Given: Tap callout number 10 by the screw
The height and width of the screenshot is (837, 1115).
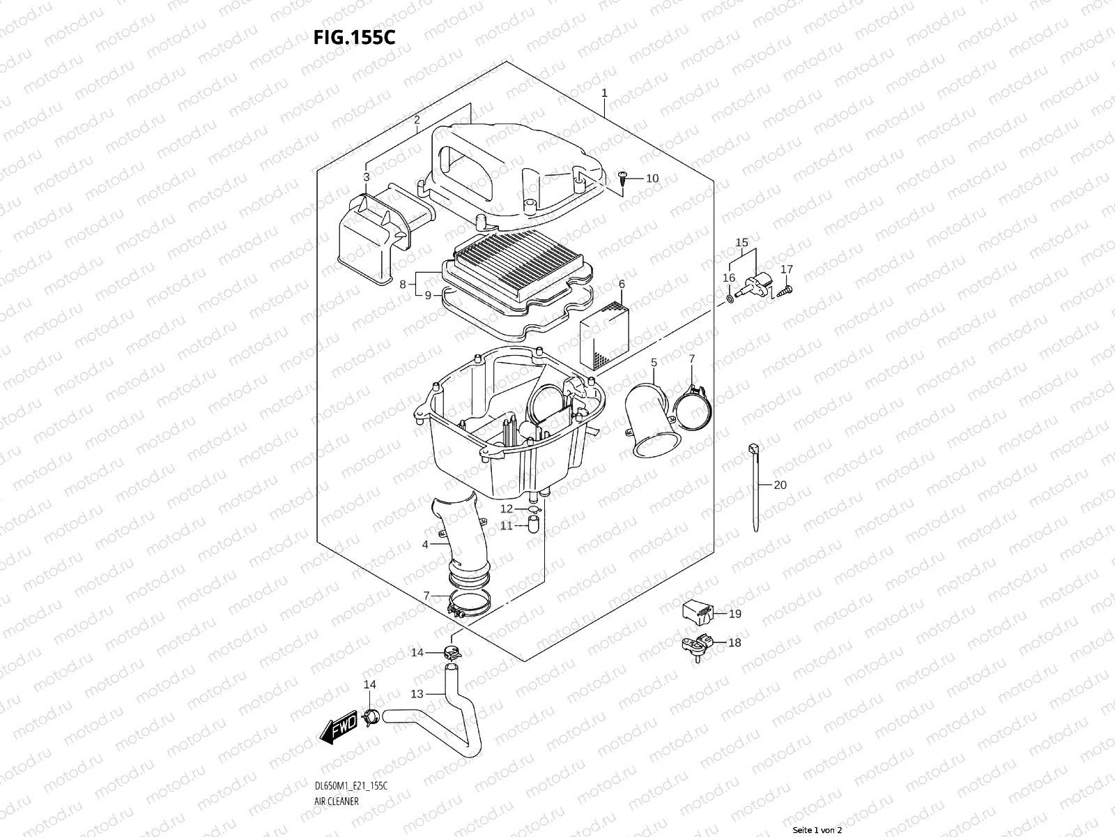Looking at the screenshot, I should (652, 179).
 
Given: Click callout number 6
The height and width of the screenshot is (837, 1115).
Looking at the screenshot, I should (621, 284).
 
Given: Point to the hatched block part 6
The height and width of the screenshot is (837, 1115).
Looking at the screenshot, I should (603, 335).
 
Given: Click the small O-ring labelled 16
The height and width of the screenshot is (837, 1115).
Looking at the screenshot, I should (729, 299).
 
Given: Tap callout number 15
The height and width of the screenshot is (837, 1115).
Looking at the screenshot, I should (742, 243).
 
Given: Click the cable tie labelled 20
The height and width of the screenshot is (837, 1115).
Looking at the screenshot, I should (755, 488).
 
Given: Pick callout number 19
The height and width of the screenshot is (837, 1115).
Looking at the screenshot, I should (735, 614).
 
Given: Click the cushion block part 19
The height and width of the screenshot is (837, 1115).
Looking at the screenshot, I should (698, 612).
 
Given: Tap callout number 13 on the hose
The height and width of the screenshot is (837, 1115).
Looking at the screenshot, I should (417, 694).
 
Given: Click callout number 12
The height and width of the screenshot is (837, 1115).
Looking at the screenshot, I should (506, 509).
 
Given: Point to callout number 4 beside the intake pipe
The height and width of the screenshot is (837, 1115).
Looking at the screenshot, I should (425, 544).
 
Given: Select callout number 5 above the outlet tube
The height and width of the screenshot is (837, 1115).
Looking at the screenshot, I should (654, 363).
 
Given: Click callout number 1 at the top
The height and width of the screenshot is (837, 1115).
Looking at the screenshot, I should (604, 93).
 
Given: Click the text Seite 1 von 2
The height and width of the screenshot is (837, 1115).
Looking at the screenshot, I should (817, 830).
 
